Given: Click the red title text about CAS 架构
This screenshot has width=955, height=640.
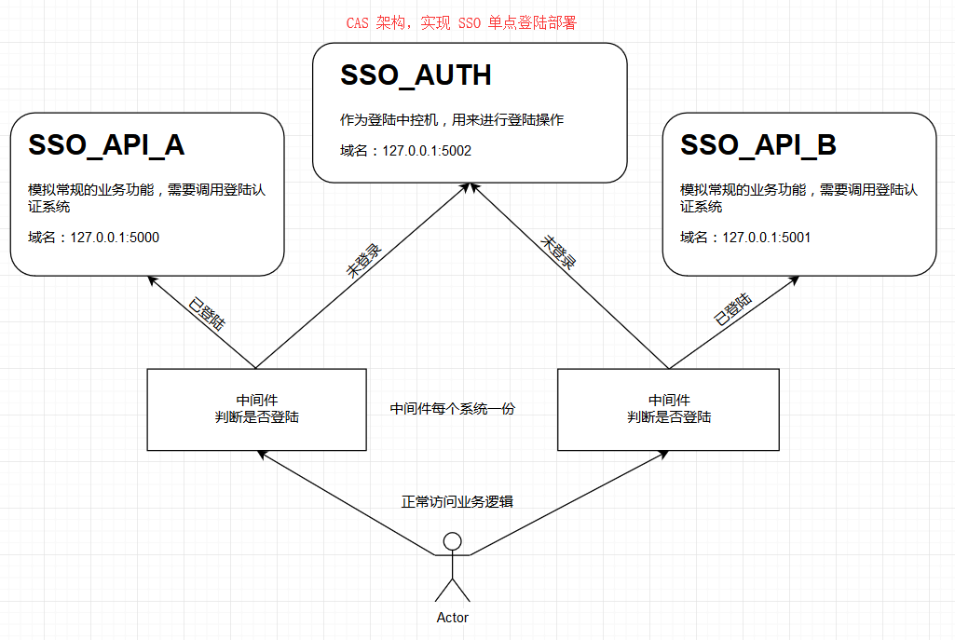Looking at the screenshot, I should pos(461,23).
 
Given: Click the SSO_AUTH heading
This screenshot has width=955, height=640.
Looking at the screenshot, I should pos(416,75).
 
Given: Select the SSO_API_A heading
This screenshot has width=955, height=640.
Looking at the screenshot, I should pos(106,145).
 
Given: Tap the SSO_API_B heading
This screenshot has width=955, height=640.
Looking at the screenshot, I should pos(757,145).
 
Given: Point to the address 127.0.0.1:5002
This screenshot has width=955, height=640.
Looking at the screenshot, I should pos(426,150).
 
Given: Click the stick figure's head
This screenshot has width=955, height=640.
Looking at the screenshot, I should pos(453,541).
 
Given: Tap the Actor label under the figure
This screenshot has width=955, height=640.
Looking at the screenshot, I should pos(453,618).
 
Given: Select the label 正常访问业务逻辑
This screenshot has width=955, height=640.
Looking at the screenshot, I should pos(457,502).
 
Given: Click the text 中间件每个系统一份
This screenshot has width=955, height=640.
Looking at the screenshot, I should pos(452,409).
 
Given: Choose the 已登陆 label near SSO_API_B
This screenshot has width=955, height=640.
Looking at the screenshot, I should pos(733,309).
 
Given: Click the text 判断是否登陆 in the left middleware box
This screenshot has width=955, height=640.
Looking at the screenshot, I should pos(256,417).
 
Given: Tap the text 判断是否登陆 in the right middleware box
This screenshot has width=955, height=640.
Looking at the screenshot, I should pos(668,417).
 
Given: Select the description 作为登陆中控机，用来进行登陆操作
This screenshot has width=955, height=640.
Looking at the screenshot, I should pos(452,120).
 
